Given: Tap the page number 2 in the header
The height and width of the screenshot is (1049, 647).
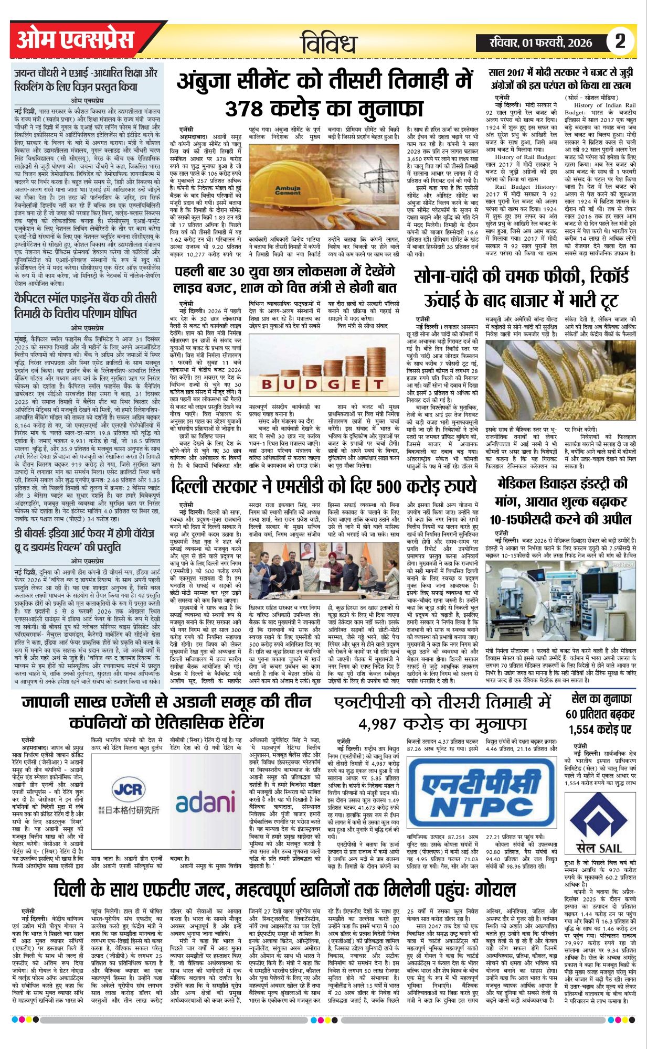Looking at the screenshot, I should (x=620, y=41).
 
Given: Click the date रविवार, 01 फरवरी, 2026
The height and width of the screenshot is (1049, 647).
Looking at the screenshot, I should (x=540, y=43).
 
